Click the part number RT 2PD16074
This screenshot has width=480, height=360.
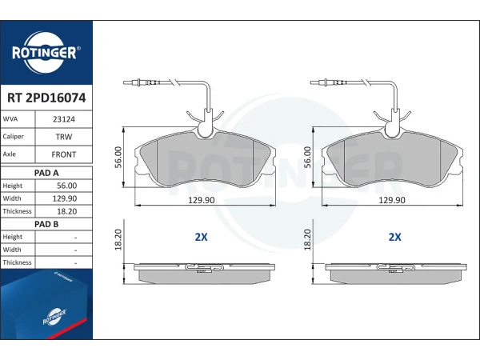(46, 98)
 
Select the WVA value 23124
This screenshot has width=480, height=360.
(64, 119)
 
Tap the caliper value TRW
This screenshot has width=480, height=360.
(64, 137)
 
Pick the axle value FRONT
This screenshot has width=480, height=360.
(64, 154)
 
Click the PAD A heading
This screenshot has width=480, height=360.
(46, 173)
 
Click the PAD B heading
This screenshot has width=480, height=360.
(46, 224)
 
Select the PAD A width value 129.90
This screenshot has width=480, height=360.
(65, 198)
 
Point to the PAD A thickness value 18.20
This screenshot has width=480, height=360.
(66, 211)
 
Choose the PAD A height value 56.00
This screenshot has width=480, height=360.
(66, 186)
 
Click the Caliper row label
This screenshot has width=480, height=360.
(13, 137)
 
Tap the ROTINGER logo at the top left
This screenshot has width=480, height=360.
(46, 53)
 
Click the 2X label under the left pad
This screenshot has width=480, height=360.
(201, 237)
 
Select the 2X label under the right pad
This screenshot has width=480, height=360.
(394, 237)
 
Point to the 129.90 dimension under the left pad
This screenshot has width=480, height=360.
(201, 200)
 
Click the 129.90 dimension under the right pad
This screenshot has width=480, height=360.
(392, 200)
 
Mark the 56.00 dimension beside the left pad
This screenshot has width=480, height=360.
(118, 157)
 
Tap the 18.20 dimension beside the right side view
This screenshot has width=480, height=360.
(308, 240)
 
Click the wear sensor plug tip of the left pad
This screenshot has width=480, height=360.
(124, 82)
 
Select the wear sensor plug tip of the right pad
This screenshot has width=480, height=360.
(312, 82)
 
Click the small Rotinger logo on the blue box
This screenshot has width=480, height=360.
(54, 317)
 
